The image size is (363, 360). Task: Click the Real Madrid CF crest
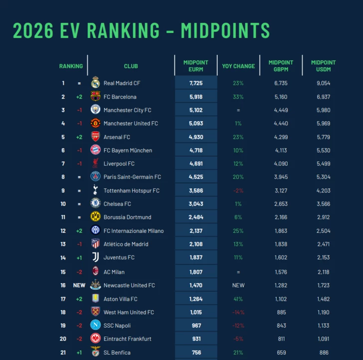click(95, 82)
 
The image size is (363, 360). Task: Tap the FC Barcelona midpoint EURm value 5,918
click(196, 97)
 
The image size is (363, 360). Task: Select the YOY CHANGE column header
click(238, 66)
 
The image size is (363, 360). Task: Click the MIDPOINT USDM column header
click(323, 66)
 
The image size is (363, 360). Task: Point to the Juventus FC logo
click(96, 257)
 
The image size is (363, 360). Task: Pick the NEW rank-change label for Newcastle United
click(79, 285)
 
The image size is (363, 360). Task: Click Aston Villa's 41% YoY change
click(238, 299)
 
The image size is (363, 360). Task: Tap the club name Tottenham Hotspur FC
click(132, 190)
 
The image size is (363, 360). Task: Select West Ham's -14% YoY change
click(238, 312)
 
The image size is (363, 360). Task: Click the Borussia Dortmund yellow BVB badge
click(95, 217)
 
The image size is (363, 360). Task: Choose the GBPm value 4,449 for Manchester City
click(281, 110)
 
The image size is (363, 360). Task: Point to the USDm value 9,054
click(324, 83)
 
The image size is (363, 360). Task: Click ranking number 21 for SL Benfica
click(63, 353)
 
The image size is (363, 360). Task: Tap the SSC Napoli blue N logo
click(95, 325)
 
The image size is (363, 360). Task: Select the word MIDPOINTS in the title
click(225, 30)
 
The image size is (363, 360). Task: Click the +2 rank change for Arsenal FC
click(79, 137)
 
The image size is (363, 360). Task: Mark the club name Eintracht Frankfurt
click(127, 339)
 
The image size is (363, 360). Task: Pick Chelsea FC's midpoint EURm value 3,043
click(196, 204)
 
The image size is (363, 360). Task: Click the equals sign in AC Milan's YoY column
click(238, 272)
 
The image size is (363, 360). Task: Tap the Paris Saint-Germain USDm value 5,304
click(324, 177)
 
